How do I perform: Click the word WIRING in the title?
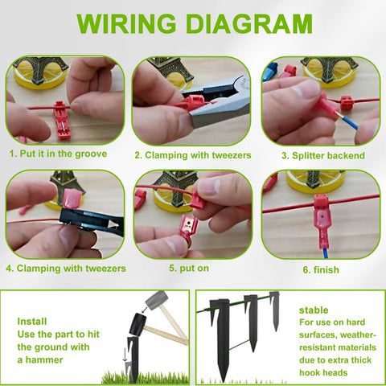click(x=126, y=23)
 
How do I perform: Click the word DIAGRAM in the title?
click(x=249, y=23)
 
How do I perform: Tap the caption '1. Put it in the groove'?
click(x=58, y=154)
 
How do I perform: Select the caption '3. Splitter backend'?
click(x=323, y=155)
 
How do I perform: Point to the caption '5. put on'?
click(x=189, y=269)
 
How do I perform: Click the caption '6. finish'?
click(x=321, y=269)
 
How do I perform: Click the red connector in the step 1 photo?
click(x=61, y=120)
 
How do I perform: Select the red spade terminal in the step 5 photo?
click(x=189, y=230)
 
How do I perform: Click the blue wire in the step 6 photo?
click(x=325, y=253)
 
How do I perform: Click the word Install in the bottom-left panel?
click(x=32, y=321)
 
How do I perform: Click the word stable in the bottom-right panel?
click(x=314, y=310)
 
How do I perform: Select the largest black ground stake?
click(x=222, y=340)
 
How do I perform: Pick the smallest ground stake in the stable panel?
click(x=275, y=311)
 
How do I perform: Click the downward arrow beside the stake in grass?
click(x=125, y=355)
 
